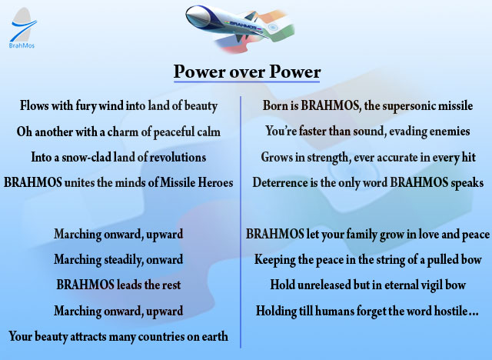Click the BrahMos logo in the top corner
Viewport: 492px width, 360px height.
coord(22,28)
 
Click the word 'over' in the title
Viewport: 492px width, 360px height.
coord(248,72)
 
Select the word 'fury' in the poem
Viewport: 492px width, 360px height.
coord(85,105)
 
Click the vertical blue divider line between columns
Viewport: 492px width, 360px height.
coord(241,222)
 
